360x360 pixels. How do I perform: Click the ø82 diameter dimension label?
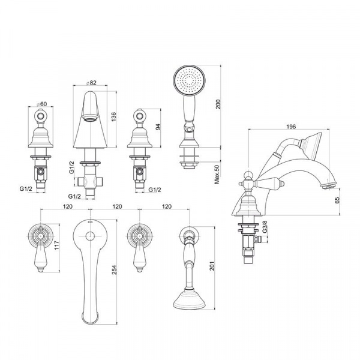pos(91,83)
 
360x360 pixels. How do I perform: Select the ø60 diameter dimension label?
pos(42,104)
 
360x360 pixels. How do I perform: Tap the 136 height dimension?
pos(113,117)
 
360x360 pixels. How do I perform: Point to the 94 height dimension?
pos(158,127)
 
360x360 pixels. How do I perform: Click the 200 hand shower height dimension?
pos(218,104)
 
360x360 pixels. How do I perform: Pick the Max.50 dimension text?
pos(217,174)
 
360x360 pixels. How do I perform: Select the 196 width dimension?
pos(291,127)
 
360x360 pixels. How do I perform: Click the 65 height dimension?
pos(337,200)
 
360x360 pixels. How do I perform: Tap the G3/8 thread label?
pos(265,227)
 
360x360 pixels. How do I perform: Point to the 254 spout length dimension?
pos(114,270)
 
